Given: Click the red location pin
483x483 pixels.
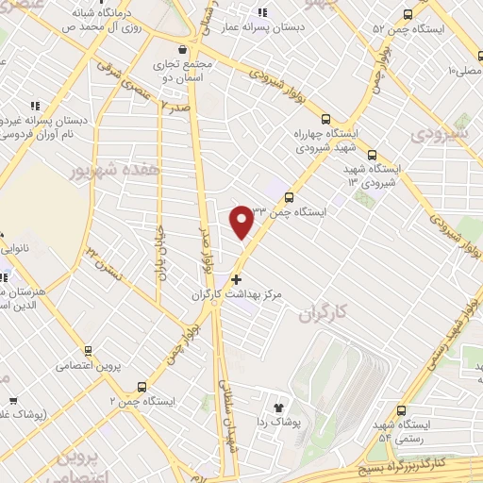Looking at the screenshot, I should click(241, 221).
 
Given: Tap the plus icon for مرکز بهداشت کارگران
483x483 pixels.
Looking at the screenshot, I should click(235, 279).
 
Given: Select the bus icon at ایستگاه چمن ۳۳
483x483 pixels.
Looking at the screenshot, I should click(289, 197).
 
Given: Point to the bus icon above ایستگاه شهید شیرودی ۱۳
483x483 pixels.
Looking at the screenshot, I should click(372, 154).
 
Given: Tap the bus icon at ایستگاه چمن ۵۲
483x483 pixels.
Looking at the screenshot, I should click(408, 14).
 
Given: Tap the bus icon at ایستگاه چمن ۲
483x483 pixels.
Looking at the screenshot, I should click(142, 386).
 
